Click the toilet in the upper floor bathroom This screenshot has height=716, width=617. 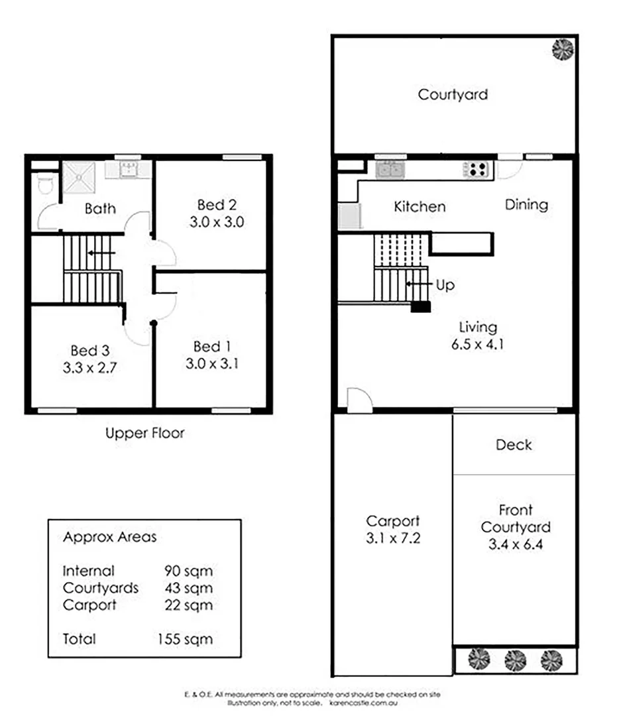pos(45,184)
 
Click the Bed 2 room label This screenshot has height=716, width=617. pos(217,204)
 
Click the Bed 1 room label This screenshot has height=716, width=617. pos(212,346)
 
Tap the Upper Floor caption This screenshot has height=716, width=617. pos(144,434)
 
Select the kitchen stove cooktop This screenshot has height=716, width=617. pos(478,170)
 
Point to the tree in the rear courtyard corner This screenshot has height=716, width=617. pos(563,49)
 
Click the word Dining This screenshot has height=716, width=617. pos(526,204)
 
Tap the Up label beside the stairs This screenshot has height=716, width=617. pos(445,285)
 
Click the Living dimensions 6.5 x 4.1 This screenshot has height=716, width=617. pos(478,344)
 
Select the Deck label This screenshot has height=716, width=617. pos(514,445)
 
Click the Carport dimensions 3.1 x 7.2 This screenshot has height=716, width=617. pos(393,538)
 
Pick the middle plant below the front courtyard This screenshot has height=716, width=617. pos(515,660)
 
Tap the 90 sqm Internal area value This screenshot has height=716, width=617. pos(189,571)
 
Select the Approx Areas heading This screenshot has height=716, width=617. pos(109,537)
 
